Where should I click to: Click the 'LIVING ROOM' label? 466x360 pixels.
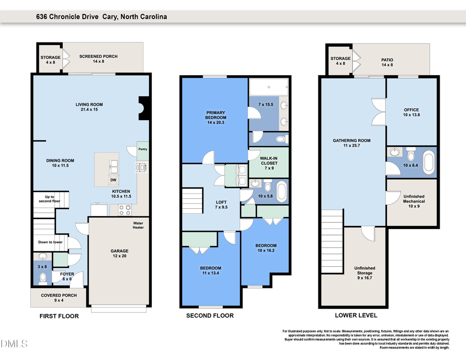[90, 105]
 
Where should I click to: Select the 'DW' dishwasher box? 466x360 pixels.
[112, 180]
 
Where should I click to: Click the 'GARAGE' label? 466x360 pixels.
[119, 251]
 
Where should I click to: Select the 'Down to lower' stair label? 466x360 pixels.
[50, 242]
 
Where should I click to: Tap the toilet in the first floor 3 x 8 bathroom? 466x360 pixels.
[43, 278]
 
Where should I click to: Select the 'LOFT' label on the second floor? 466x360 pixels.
[221, 203]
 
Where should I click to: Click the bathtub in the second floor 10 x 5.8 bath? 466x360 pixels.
[281, 191]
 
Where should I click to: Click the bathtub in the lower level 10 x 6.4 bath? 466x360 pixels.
[429, 162]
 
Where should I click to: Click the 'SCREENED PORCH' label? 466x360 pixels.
[98, 56]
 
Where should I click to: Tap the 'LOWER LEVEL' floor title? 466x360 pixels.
[356, 315]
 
